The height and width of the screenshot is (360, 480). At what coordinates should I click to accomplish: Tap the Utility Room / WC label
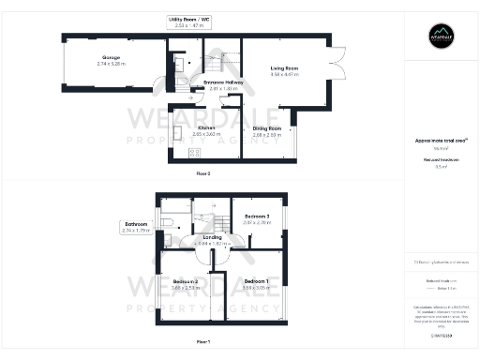click(188, 22)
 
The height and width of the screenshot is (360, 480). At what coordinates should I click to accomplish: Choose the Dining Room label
click(267, 130)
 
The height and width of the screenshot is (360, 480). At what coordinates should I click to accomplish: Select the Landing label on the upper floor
click(213, 239)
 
